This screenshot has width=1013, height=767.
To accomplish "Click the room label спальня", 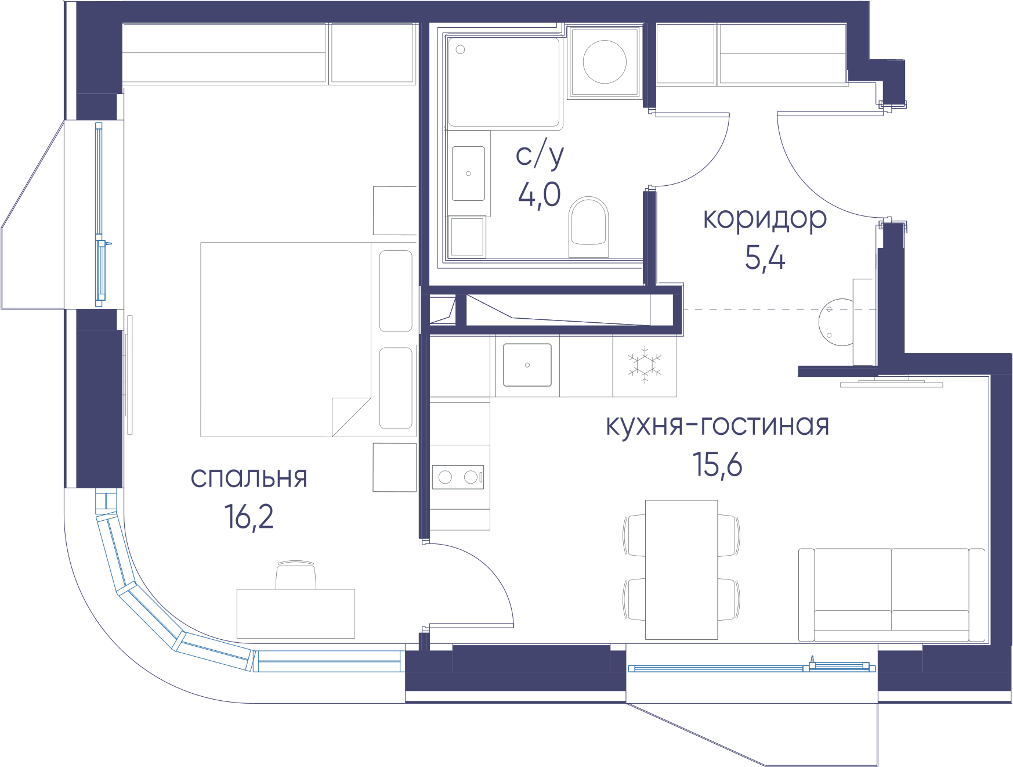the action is click(249, 478).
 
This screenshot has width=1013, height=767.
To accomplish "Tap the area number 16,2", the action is click(249, 517).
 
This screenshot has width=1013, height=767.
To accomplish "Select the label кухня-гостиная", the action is click(718, 425).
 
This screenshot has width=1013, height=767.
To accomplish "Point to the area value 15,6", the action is click(718, 464).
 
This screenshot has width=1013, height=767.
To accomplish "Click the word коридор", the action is click(765, 219).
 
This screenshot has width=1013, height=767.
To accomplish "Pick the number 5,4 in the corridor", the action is click(765, 258).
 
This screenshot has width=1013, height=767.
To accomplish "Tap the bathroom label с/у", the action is click(540, 156).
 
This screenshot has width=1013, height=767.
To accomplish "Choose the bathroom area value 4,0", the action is click(540, 194).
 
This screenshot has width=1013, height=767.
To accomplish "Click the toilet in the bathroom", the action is click(589, 227).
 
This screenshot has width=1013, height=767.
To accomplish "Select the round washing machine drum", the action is click(605, 62).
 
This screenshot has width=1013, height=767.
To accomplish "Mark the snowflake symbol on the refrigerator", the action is click(645, 365).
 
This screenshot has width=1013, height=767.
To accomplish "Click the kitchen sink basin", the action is click(527, 365).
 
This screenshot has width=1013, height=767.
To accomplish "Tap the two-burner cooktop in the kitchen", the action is click(458, 477).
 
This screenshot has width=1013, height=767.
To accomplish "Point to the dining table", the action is click(682, 570).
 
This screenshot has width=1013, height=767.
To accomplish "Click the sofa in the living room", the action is click(891, 595).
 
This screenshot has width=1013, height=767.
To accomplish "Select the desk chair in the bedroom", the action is click(296, 575).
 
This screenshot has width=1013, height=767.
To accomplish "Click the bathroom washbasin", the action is click(468, 174).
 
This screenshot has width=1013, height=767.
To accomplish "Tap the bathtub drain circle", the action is click(461, 50).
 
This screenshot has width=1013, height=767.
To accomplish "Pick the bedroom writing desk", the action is click(296, 614).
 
